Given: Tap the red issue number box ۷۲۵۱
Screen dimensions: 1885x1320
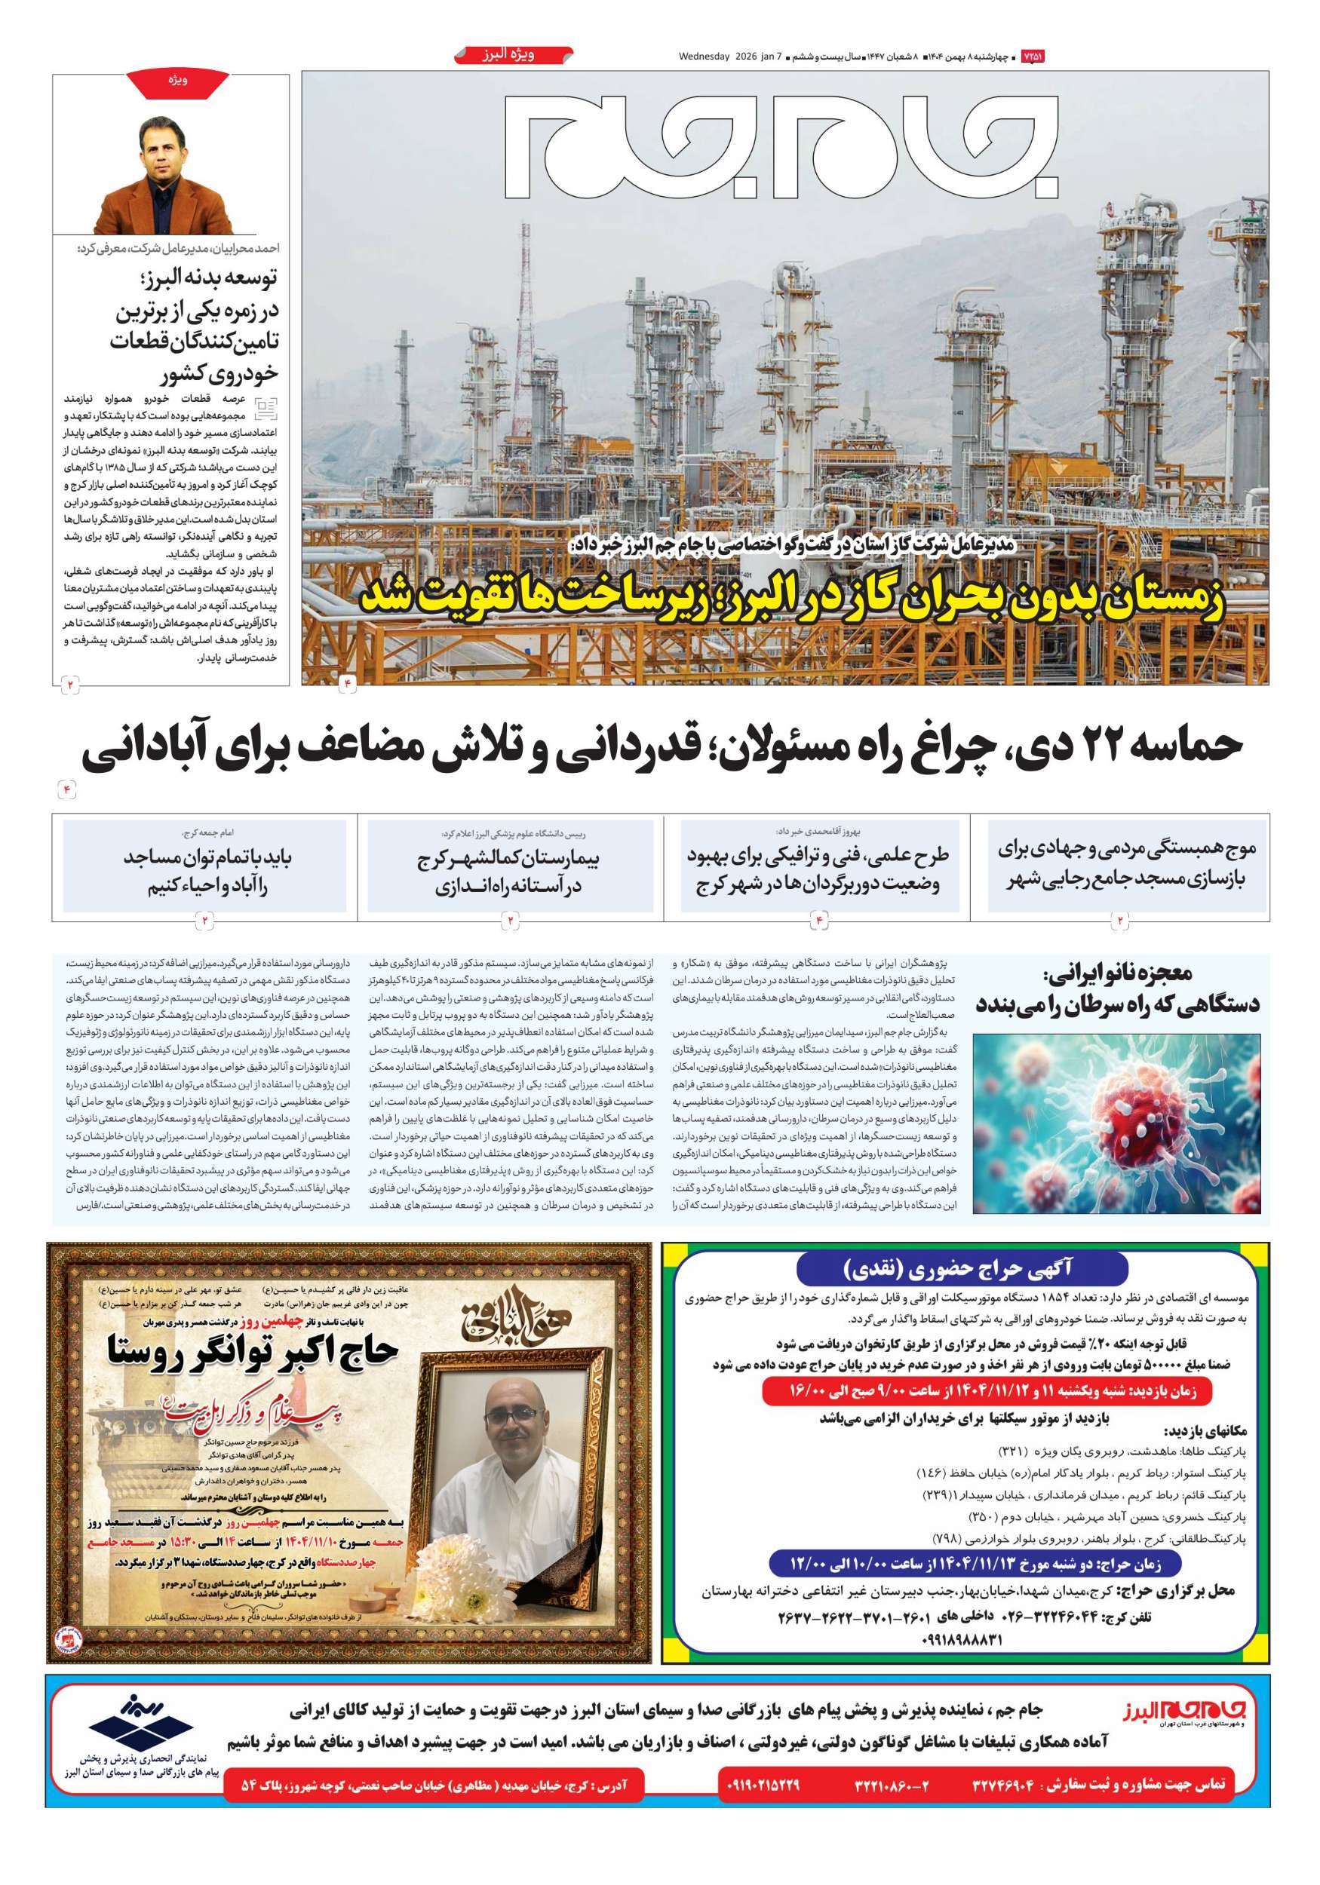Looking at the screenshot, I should pyautogui.click(x=1032, y=57).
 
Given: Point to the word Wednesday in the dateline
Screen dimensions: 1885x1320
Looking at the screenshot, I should pyautogui.click(x=704, y=57).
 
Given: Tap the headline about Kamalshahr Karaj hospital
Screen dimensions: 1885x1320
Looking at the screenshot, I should pyautogui.click(x=509, y=872).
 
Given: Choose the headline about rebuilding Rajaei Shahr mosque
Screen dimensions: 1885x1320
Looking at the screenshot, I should pyautogui.click(x=1120, y=866).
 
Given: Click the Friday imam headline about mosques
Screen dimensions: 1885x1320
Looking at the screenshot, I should pyautogui.click(x=209, y=872).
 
